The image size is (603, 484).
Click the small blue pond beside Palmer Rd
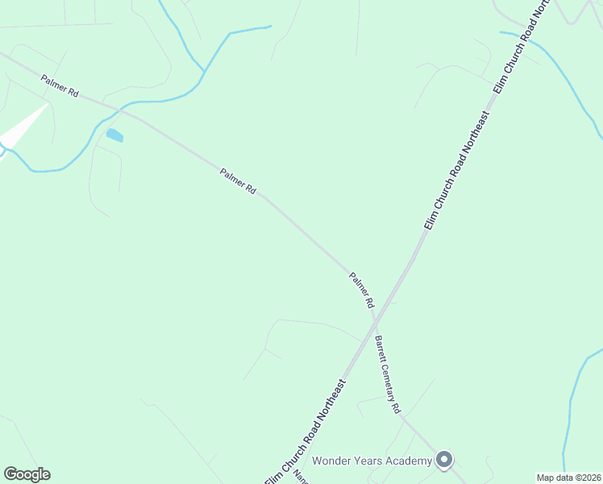(114, 135)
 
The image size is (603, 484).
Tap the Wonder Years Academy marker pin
(443, 460)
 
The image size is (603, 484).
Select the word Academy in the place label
(410, 461)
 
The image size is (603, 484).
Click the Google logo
(27, 474)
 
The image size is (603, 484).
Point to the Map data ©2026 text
(568, 478)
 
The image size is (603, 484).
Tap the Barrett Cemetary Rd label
(387, 375)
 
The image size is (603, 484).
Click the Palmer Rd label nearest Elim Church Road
(362, 291)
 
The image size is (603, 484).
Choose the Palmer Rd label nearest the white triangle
(60, 86)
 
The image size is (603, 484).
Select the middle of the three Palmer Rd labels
(237, 181)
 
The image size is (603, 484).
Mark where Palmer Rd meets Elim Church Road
(376, 319)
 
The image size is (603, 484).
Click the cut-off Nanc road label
(300, 476)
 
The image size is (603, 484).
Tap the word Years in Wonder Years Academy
(373, 461)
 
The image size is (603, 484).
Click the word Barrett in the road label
(378, 347)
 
